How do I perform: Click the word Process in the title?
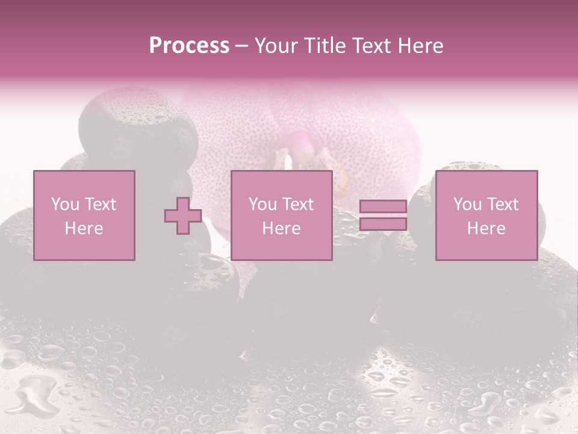[189, 46]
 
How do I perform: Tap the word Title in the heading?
[322, 46]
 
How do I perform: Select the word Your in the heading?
[276, 46]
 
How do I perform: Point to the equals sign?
[383, 216]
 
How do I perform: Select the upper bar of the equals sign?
[383, 207]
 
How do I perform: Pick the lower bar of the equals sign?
[383, 224]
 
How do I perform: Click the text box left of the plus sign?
[84, 216]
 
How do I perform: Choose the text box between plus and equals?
[282, 216]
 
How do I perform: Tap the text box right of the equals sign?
[486, 216]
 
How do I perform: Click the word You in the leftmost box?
[64, 204]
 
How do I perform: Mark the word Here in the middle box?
[282, 228]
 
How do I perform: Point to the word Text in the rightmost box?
[503, 204]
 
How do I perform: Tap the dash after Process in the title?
[241, 46]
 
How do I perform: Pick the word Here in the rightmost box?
[486, 228]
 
